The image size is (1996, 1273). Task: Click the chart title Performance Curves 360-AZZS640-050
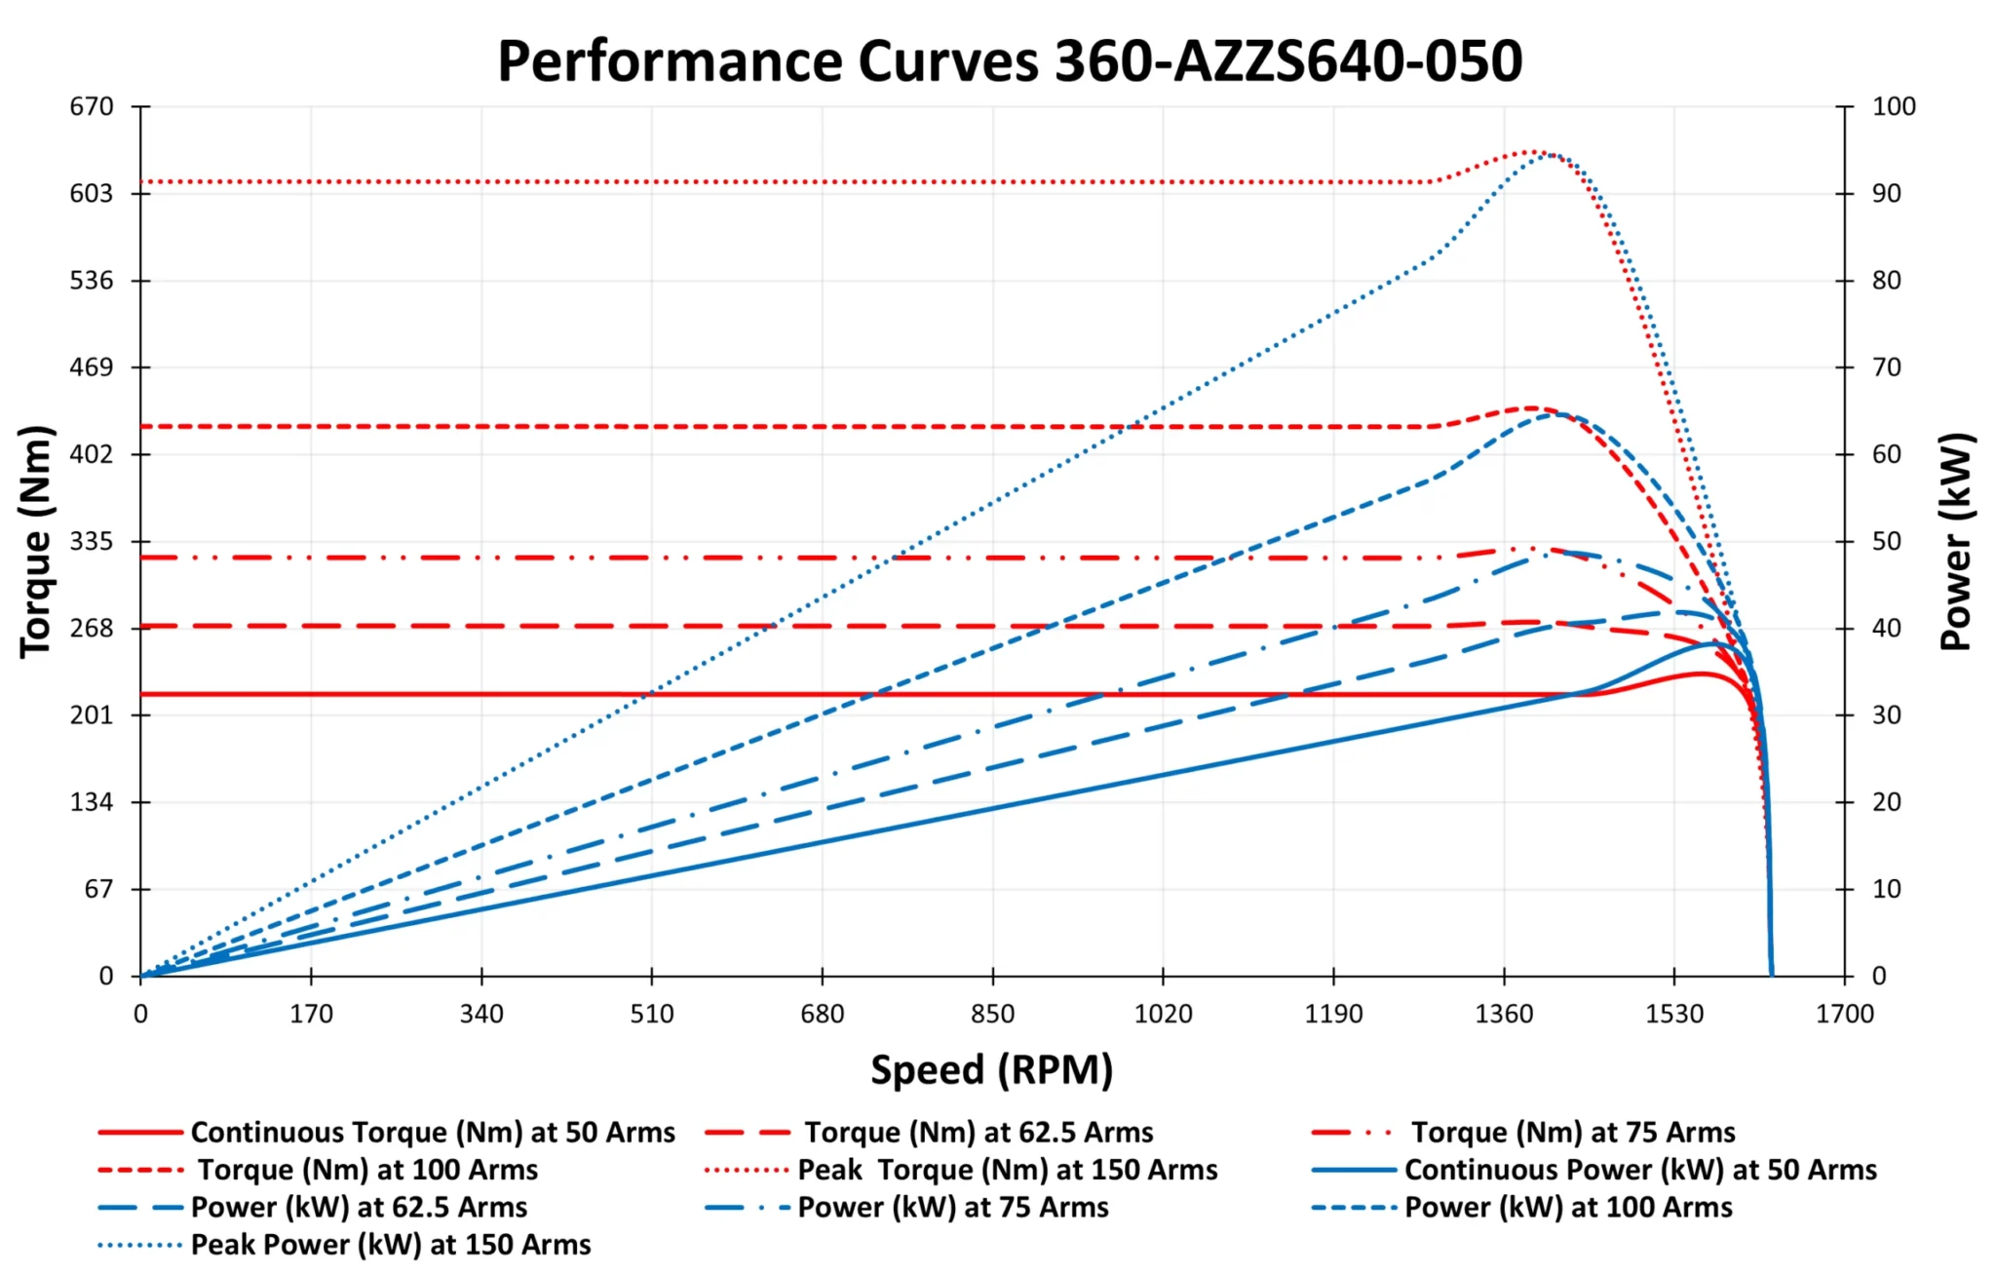point(1010,60)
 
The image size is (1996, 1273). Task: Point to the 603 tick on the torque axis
point(92,193)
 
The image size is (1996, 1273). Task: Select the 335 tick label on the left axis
point(92,541)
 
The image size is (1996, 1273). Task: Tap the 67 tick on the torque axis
point(98,889)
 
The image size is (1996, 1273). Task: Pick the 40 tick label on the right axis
point(1886,628)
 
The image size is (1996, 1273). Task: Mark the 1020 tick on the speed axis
point(1163,1014)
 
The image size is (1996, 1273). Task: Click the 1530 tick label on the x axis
point(1674,1014)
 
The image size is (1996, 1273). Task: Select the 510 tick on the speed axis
point(651,1014)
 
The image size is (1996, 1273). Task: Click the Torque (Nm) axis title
point(36,542)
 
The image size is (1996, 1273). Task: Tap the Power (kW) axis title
point(1956,542)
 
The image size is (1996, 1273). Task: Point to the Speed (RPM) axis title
point(991,1069)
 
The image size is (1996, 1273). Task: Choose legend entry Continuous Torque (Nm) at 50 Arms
point(433,1132)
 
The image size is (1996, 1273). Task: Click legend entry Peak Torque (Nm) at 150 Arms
point(1008,1169)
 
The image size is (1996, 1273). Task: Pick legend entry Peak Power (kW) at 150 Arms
point(391,1244)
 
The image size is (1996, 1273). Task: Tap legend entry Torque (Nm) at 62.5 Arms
point(979,1132)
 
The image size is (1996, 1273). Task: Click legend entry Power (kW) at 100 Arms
point(1568,1207)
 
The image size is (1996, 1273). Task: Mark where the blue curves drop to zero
point(1771,974)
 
